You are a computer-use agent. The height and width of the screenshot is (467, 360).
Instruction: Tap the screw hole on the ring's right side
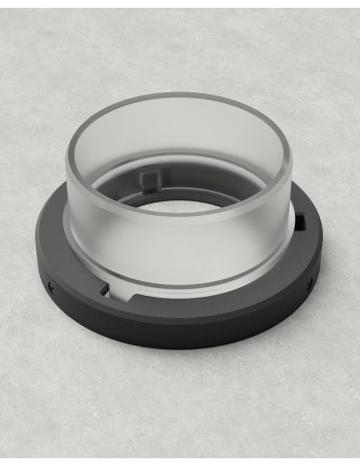310,284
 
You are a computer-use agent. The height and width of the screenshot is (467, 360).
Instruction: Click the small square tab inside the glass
151,179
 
